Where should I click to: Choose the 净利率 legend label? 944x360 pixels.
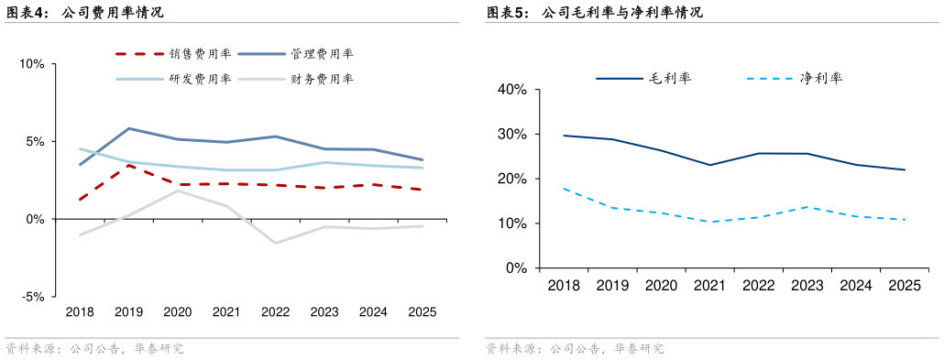click(x=820, y=79)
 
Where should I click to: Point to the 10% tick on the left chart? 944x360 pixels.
click(x=31, y=64)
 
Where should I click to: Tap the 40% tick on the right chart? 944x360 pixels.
click(x=510, y=90)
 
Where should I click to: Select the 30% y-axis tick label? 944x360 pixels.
click(x=510, y=135)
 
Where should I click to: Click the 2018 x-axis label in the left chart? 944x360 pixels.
click(x=80, y=312)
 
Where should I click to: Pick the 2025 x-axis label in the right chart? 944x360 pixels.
click(x=905, y=286)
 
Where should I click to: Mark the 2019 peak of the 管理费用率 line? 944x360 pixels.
click(x=129, y=128)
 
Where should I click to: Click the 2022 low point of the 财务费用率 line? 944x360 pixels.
click(x=276, y=243)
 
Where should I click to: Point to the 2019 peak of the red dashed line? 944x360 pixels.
click(x=129, y=166)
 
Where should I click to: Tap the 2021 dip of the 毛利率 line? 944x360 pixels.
click(x=710, y=165)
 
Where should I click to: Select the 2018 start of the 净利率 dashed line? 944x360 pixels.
click(x=563, y=189)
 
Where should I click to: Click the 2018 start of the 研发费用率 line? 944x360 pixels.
click(x=80, y=148)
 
